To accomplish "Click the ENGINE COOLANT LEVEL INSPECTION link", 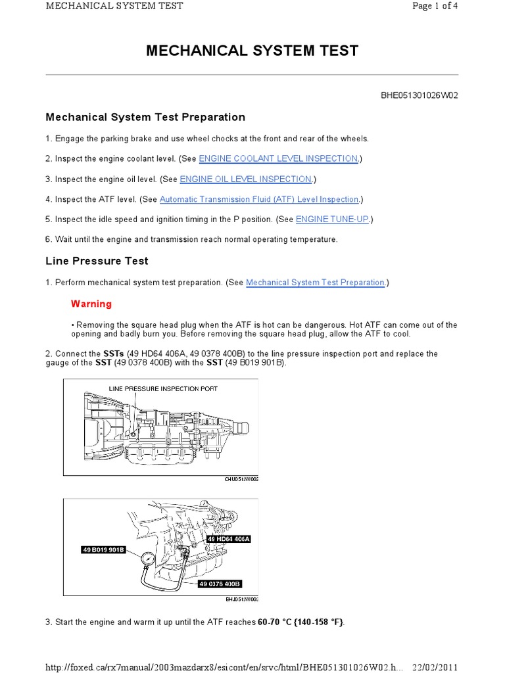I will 279,158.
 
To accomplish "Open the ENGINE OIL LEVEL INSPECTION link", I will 245,179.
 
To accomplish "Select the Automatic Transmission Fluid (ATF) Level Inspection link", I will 259,199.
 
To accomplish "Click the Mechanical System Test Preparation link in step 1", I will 315,283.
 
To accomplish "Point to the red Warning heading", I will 91,304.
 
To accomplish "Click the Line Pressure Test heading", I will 97,261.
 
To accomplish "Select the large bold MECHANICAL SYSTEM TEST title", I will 252,51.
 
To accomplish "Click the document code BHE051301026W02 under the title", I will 419,95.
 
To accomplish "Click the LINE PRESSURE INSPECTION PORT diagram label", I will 163,389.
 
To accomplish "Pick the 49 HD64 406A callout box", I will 229,539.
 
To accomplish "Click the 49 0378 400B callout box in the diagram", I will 220,583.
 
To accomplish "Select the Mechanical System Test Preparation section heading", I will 145,117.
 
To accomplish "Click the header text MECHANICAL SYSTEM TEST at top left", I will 114,6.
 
